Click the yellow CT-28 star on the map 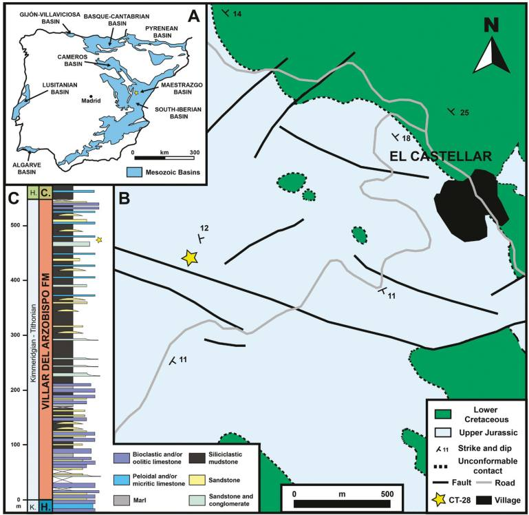click(190, 257)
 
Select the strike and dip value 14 click(237, 14)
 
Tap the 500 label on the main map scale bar click(387, 494)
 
